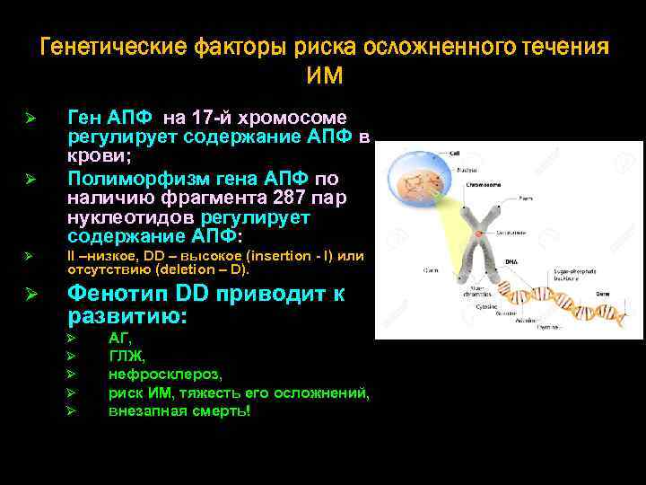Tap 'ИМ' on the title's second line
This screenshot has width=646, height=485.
pyautogui.click(x=324, y=75)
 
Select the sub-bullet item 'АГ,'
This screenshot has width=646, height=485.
pyautogui.click(x=120, y=339)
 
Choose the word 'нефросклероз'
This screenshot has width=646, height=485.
pyautogui.click(x=164, y=374)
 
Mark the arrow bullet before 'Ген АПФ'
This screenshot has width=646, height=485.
pyautogui.click(x=29, y=119)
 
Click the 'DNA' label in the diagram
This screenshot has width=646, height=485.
pyautogui.click(x=510, y=261)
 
